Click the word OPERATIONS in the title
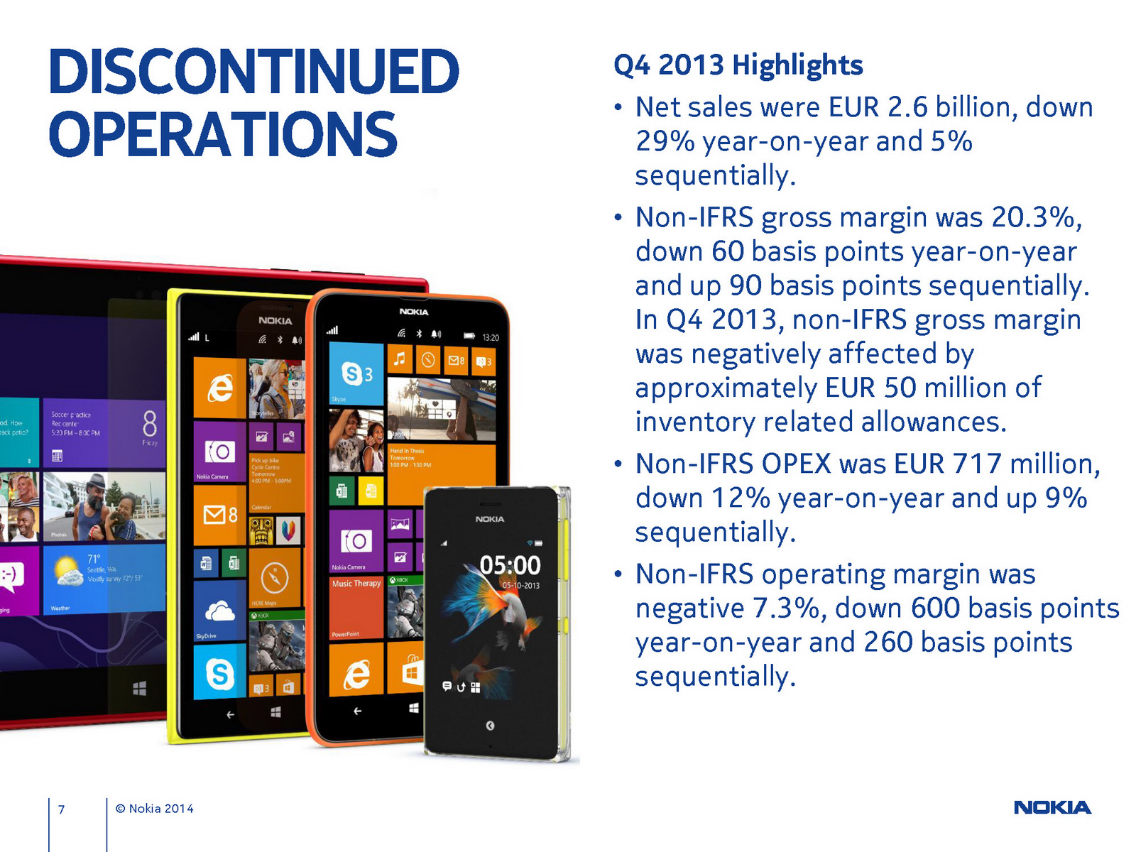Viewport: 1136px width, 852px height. (x=222, y=135)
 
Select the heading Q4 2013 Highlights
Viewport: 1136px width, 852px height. (x=738, y=65)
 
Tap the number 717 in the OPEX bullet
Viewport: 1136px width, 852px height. (x=977, y=464)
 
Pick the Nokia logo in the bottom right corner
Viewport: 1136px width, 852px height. (x=1052, y=807)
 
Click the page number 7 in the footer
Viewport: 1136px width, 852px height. (x=62, y=809)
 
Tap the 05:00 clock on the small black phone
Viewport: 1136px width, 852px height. (x=510, y=565)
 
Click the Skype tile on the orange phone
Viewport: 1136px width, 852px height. (x=356, y=373)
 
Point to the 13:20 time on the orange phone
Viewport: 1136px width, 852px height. (x=491, y=337)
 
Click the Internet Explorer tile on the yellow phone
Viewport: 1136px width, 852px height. (x=219, y=388)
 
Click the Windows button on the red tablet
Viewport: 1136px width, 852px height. (x=139, y=688)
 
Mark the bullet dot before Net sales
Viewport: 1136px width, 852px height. (x=618, y=108)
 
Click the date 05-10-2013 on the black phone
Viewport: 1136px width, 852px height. (x=520, y=586)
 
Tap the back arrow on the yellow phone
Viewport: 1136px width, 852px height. (x=229, y=714)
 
